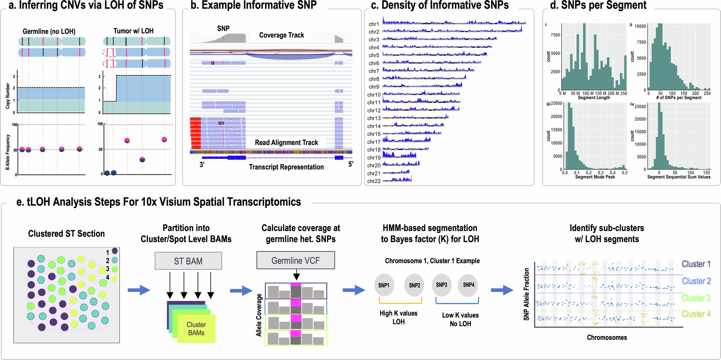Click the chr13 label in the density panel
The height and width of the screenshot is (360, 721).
(x=374, y=118)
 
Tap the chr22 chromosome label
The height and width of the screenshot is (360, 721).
(x=374, y=181)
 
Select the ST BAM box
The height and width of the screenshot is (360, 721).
(x=188, y=261)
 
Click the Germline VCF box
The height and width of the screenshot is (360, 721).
(x=296, y=260)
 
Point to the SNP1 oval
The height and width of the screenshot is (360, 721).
(x=384, y=285)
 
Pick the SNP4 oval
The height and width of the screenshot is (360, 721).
(x=468, y=285)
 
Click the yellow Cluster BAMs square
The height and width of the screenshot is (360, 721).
(x=196, y=329)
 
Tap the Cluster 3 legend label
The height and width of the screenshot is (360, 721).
(x=696, y=298)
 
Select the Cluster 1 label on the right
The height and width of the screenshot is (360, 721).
(x=696, y=264)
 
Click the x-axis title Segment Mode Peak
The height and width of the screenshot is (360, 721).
(x=595, y=177)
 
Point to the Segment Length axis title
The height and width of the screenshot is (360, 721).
(x=594, y=98)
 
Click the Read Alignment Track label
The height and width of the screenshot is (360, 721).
(x=286, y=143)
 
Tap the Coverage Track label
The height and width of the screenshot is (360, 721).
(x=282, y=35)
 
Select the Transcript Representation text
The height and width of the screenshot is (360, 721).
(x=286, y=167)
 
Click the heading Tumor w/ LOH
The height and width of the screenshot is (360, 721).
(x=133, y=31)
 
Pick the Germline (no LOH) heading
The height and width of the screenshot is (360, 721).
(x=49, y=31)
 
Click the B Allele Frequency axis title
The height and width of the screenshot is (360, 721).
(x=8, y=152)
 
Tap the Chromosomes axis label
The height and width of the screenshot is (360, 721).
(x=607, y=337)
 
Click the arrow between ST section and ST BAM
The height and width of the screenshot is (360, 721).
(x=139, y=290)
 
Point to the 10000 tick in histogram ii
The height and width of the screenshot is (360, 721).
(x=640, y=26)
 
